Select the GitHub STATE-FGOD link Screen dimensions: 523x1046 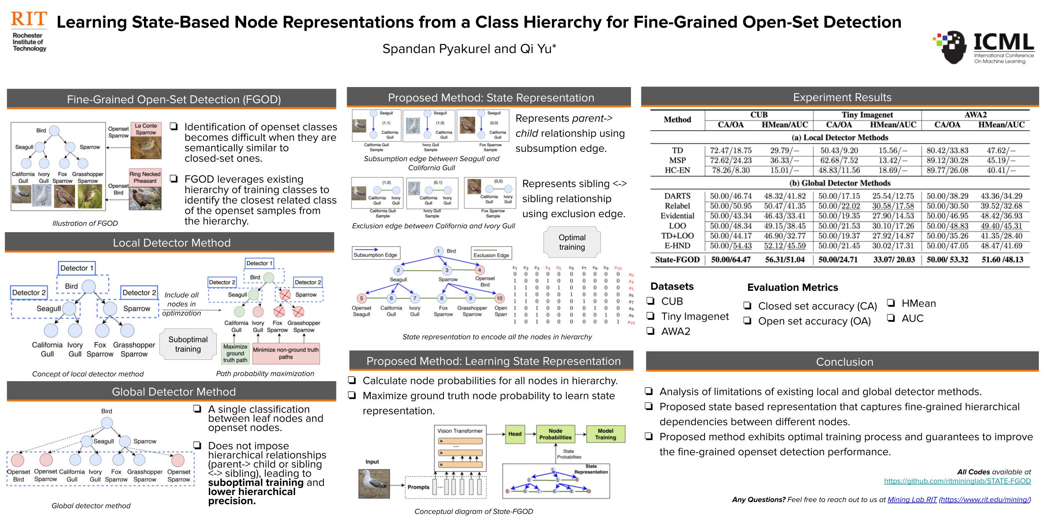coord(957,481)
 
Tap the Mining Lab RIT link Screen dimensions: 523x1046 coord(912,500)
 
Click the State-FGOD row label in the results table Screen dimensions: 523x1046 coord(677,259)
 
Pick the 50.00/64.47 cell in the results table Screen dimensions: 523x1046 coord(731,259)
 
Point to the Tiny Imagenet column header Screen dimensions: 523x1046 coord(867,115)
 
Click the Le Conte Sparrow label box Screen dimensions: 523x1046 coord(146,129)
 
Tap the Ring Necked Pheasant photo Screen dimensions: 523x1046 coord(145,198)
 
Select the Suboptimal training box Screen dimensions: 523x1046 coord(188,344)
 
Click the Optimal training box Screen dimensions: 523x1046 coord(572,242)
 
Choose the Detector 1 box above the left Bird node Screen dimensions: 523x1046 coord(77,268)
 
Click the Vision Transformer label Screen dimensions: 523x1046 coord(460,431)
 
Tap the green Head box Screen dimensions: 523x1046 coord(515,434)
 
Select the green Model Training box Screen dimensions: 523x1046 coord(605,434)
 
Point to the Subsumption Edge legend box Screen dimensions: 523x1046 coord(375,252)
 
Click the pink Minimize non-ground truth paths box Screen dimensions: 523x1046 coord(286,353)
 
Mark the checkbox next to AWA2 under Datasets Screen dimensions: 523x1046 coord(651,331)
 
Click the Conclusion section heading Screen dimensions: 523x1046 coord(844,362)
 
